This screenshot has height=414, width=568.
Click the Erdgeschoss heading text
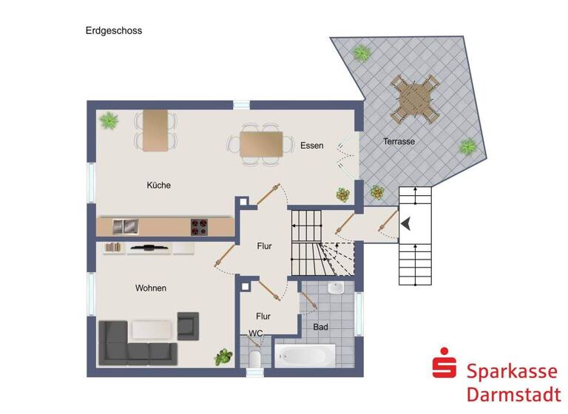(x=113, y=31)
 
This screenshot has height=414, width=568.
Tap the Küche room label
(x=158, y=185)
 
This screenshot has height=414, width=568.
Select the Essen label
(x=311, y=146)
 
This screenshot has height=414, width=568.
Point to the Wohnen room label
(x=150, y=288)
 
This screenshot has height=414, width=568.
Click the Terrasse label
(x=399, y=141)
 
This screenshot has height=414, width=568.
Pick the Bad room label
(x=320, y=326)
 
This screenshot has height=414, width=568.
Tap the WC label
(x=255, y=333)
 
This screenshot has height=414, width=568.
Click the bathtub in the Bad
(x=305, y=356)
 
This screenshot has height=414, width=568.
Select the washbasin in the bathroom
(x=336, y=288)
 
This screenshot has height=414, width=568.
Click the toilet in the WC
(x=254, y=359)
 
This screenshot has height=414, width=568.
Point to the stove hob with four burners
(x=200, y=225)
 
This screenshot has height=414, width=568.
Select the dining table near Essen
(x=261, y=143)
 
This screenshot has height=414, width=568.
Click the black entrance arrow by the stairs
(x=405, y=223)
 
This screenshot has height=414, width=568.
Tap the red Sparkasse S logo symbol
(x=444, y=367)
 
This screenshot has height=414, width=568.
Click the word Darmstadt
(x=513, y=392)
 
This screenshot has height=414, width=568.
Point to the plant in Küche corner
(x=109, y=120)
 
